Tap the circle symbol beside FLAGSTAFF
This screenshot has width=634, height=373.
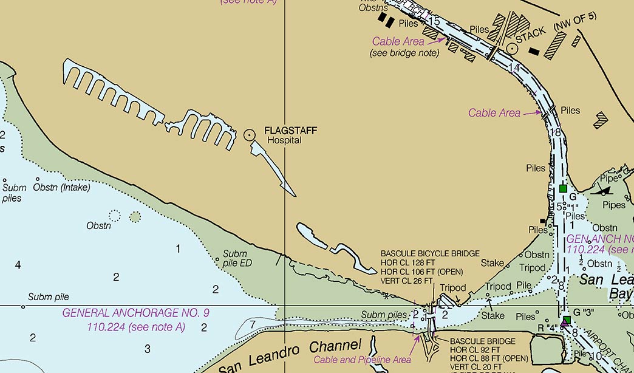pos(249,135)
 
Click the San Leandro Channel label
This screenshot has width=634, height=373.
pos(290,357)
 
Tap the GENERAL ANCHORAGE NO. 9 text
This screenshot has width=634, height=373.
pos(136,313)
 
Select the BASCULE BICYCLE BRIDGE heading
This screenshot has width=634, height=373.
pos(430,253)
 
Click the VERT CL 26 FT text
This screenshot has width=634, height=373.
pos(407,281)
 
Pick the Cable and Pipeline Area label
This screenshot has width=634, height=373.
pos(362,360)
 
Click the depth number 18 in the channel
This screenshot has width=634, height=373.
pos(554,132)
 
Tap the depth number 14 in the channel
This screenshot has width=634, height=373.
pos(514,67)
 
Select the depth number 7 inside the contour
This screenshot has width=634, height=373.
pos(252,324)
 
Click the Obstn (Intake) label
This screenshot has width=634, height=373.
pos(62,187)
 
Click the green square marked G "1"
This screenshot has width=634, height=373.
pos(564,188)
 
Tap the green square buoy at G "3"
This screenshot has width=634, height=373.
pos(566,320)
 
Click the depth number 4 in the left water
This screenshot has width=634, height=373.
pos(18,265)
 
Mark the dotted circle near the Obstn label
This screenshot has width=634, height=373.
pos(115,215)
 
